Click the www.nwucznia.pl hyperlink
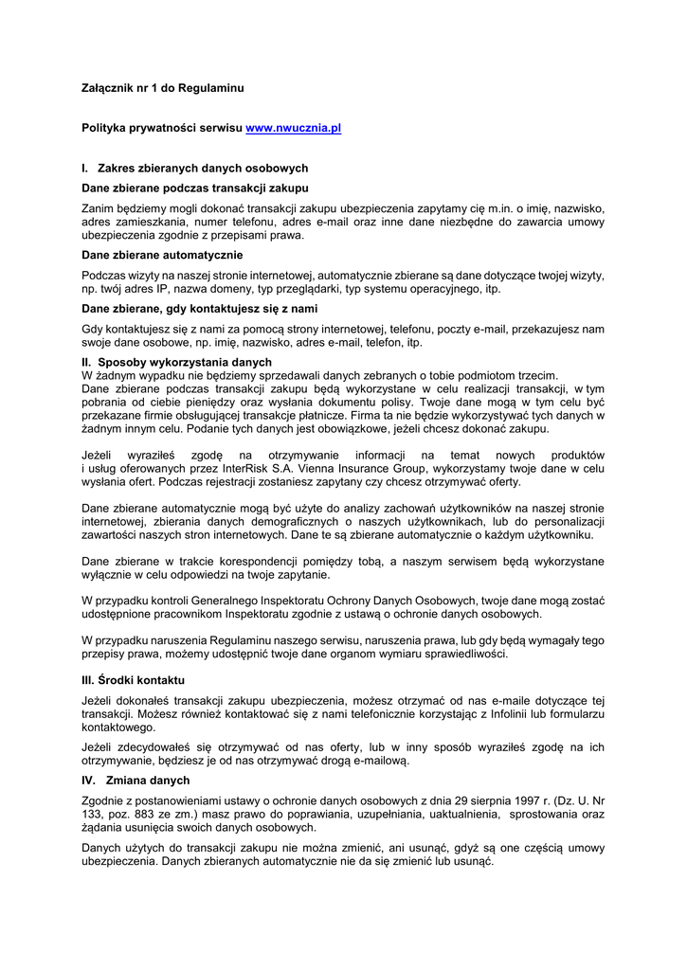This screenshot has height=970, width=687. pyautogui.click(x=293, y=128)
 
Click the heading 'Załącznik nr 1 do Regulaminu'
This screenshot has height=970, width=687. pyautogui.click(x=163, y=88)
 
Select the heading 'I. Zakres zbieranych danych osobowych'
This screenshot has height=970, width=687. pyautogui.click(x=195, y=168)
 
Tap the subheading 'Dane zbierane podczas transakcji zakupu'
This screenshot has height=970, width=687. pyautogui.click(x=195, y=188)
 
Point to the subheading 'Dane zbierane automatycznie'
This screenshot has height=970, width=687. pyautogui.click(x=162, y=255)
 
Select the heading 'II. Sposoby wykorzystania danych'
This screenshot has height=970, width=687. pyautogui.click(x=177, y=362)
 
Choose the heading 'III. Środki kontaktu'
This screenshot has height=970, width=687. pyautogui.click(x=134, y=680)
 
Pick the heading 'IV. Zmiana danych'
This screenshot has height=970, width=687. pyautogui.click(x=136, y=780)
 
